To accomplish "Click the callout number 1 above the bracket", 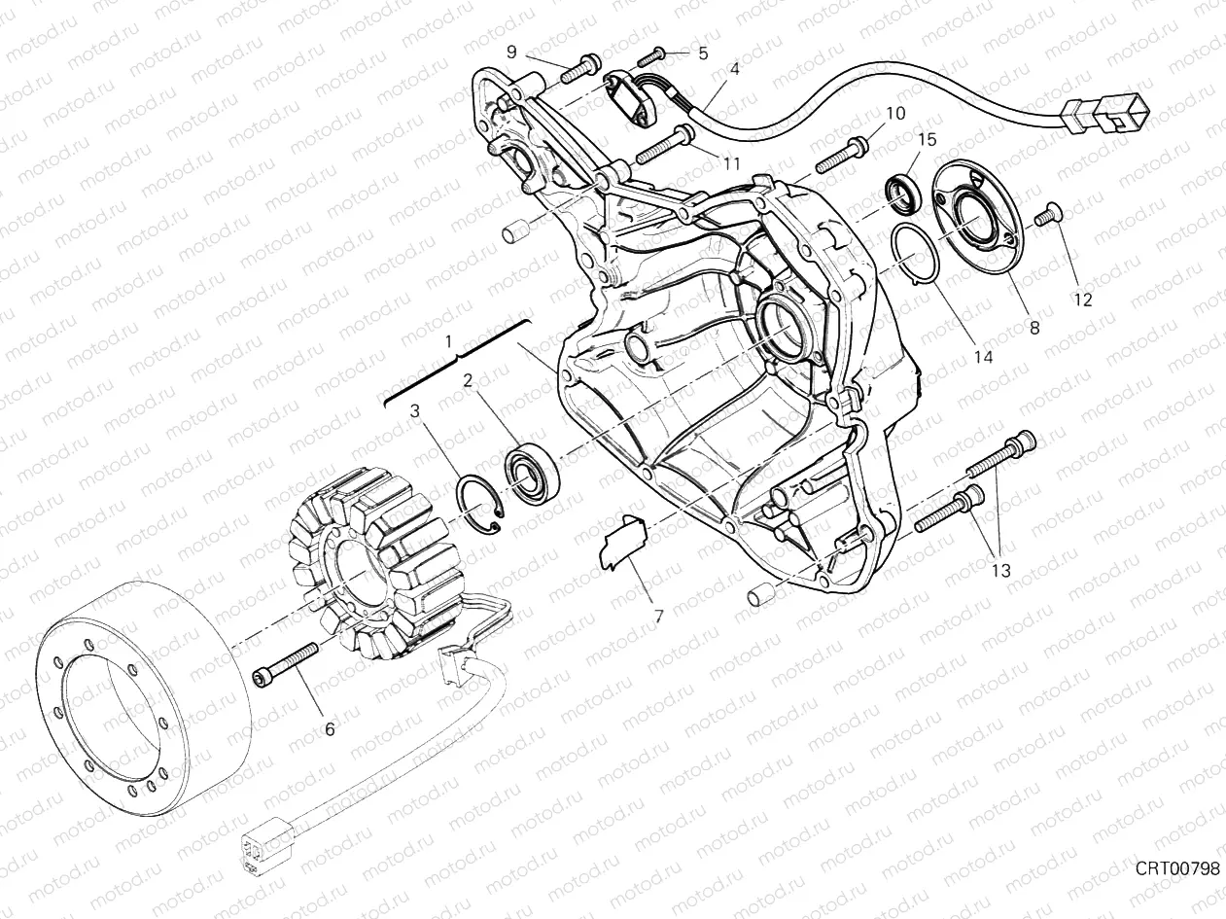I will (448, 342).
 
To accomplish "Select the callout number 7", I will (658, 616).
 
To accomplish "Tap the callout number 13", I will (1000, 570).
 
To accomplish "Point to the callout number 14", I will (983, 357).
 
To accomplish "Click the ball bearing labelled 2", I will (529, 475).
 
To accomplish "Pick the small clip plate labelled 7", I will (621, 541).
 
